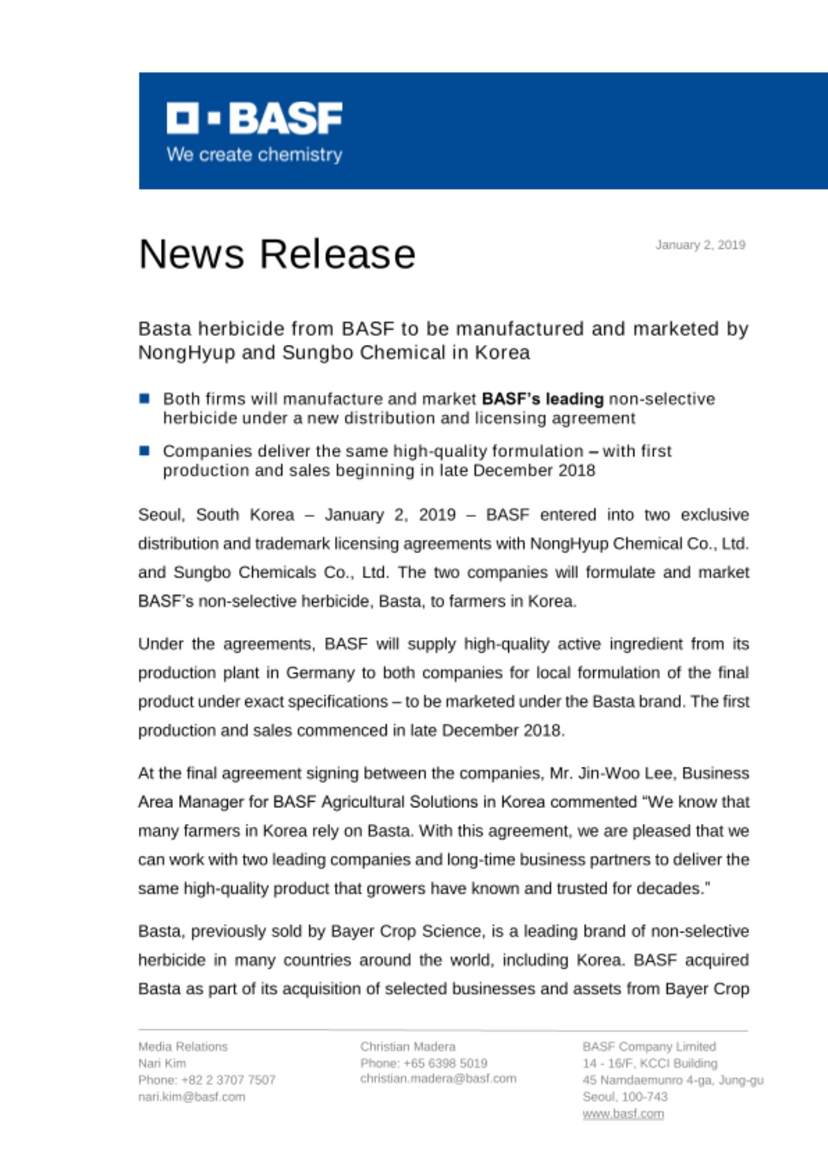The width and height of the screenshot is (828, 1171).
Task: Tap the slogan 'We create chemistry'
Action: (254, 155)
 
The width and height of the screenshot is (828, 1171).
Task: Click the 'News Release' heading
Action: (277, 254)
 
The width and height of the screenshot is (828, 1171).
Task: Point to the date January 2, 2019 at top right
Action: (700, 245)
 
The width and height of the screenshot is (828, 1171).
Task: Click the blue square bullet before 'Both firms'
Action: (145, 399)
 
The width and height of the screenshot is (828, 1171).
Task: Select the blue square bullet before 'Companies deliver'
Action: (145, 451)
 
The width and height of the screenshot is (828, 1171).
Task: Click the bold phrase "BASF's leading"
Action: (542, 399)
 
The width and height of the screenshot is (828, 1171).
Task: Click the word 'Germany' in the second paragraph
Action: (320, 673)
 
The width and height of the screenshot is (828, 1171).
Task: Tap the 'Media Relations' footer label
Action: (183, 1046)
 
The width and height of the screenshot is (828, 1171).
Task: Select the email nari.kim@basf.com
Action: (191, 1097)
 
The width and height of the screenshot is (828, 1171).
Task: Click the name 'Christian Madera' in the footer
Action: (408, 1046)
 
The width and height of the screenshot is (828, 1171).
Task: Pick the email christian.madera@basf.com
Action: (438, 1078)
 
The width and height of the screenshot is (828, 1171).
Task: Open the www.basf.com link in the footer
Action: (623, 1114)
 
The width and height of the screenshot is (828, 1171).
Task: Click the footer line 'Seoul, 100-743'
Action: (625, 1097)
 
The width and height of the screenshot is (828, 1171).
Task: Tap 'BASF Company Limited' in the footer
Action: (649, 1046)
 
